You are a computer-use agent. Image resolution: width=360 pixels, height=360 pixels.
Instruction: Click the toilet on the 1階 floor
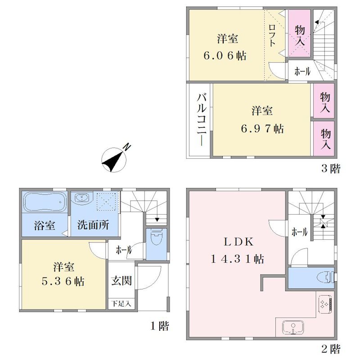tap(156, 237)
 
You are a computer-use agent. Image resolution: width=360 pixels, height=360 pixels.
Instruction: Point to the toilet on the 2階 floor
tap(326, 277)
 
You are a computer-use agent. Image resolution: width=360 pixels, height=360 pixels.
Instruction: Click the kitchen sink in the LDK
tap(293, 327)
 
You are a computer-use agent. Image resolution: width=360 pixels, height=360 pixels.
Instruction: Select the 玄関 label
tap(121, 280)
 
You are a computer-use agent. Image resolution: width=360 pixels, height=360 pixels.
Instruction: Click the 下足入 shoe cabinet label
tap(121, 303)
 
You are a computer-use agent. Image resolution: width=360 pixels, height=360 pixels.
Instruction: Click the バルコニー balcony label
tap(201, 120)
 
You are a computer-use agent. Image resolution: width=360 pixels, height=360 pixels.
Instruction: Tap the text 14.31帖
tap(237, 259)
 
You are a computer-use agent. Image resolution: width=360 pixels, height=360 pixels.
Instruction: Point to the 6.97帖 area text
tap(262, 129)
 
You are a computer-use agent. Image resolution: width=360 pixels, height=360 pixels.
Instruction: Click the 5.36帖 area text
tap(63, 281)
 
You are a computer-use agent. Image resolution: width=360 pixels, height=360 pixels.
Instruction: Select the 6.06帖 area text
tap(225, 55)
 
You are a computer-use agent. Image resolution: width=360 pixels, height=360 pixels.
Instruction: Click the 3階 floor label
tap(331, 169)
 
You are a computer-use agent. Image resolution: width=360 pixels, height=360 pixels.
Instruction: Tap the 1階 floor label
tap(160, 326)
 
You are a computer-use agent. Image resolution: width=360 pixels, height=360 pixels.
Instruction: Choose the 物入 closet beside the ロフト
tap(299, 33)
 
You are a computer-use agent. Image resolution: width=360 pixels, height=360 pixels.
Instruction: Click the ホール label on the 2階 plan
tap(299, 232)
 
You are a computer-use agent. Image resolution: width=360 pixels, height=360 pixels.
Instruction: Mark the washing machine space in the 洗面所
tap(108, 201)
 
